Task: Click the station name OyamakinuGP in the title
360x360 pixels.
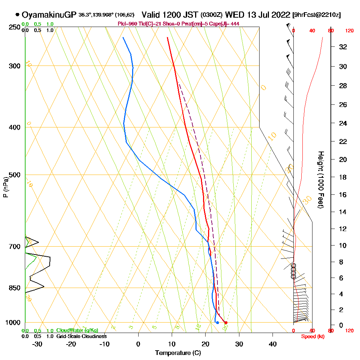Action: (x=49, y=15)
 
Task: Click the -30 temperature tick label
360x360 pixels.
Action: (x=37, y=344)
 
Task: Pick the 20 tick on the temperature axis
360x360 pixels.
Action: (x=206, y=344)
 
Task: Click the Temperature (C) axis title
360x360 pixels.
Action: (x=178, y=353)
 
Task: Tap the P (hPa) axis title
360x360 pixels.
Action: (x=5, y=187)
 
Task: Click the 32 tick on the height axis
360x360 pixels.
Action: (x=343, y=47)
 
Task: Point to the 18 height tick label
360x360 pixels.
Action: (x=343, y=177)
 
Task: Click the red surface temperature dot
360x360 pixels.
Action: (x=226, y=323)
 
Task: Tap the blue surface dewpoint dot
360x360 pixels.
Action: (x=217, y=323)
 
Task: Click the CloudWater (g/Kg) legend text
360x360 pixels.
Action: (x=77, y=330)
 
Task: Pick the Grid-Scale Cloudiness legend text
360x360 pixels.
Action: (x=81, y=336)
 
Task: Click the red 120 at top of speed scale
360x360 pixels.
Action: (x=349, y=31)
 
